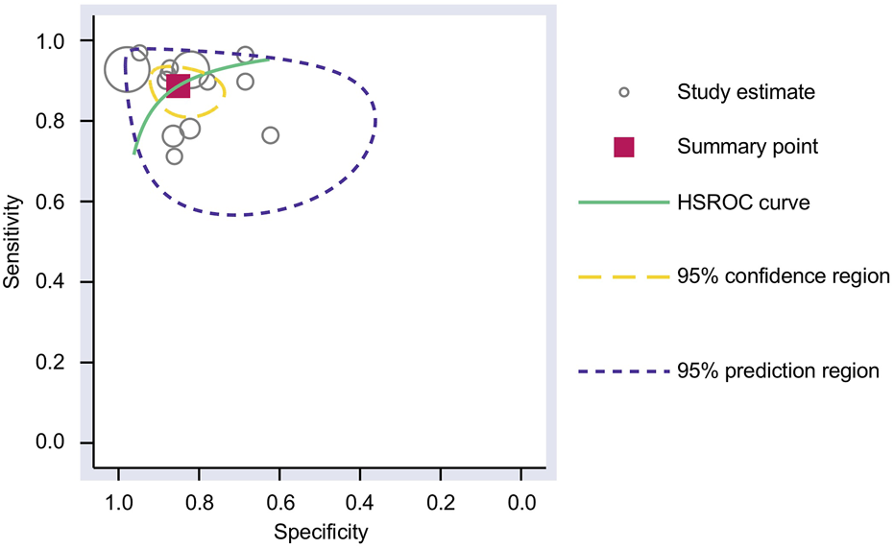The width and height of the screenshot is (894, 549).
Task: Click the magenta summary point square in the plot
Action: tap(178, 84)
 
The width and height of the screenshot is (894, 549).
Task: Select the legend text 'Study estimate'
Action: tap(746, 92)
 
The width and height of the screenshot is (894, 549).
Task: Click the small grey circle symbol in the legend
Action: tap(624, 92)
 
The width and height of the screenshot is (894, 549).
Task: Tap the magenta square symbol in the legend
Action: tap(624, 147)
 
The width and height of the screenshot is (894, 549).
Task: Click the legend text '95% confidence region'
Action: tap(783, 277)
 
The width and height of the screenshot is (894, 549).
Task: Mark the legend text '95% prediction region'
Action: tap(778, 370)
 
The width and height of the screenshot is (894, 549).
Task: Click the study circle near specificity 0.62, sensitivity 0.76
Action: tap(270, 135)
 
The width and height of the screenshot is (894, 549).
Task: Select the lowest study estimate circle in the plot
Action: tap(174, 156)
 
